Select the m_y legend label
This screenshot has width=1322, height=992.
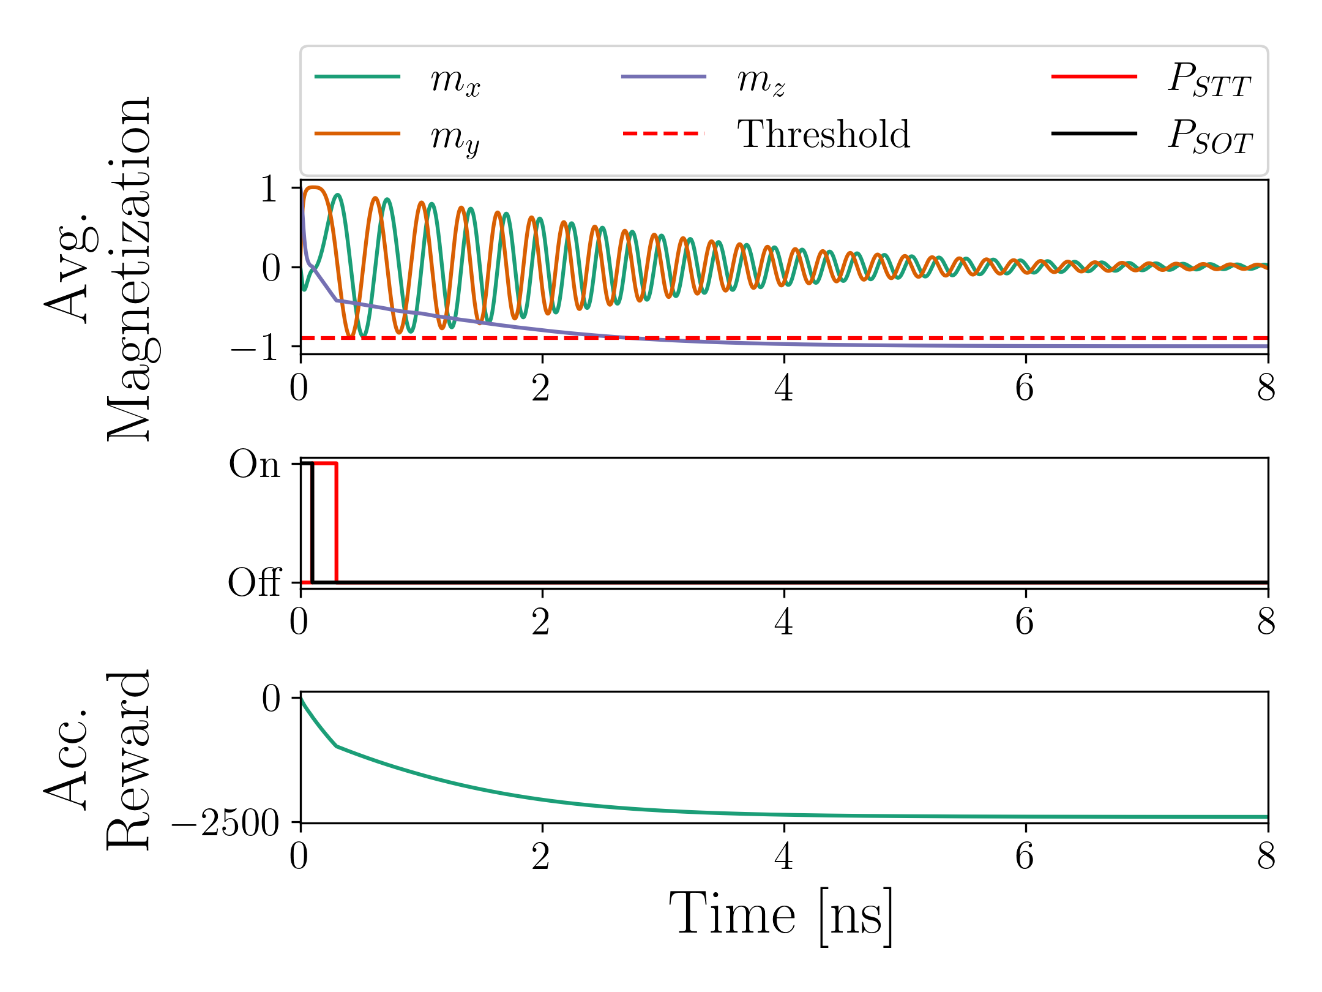tap(455, 137)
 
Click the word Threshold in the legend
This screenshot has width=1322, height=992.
tap(824, 134)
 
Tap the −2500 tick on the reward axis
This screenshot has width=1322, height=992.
tap(225, 824)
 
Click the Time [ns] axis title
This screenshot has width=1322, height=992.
tap(781, 916)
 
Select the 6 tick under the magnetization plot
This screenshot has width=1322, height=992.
tap(1025, 388)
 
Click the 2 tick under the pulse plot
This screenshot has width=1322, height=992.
tap(541, 622)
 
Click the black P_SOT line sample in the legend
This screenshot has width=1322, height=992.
tap(1094, 133)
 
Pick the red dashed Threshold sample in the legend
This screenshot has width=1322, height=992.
tap(663, 133)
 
